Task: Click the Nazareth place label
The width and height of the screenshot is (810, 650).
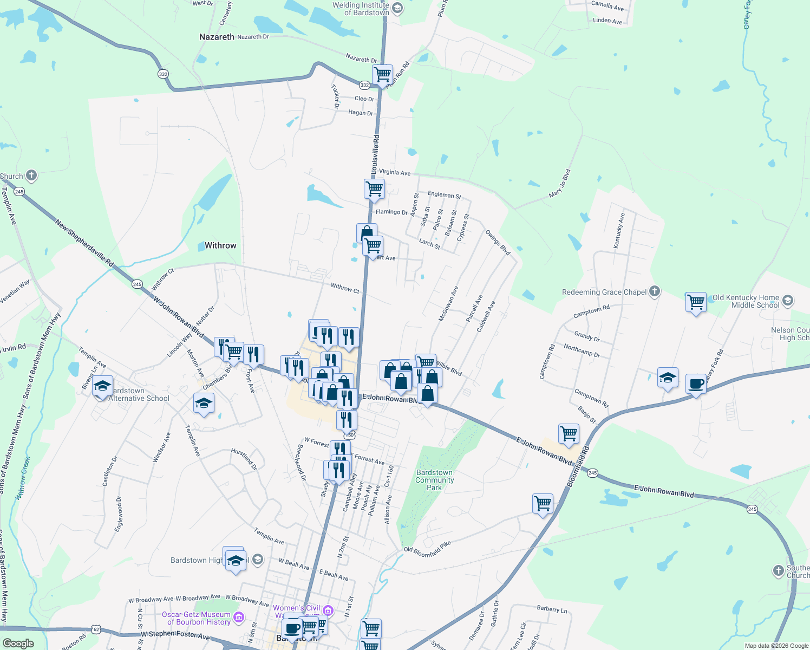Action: pyautogui.click(x=217, y=37)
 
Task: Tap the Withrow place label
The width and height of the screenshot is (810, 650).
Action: pyautogui.click(x=220, y=245)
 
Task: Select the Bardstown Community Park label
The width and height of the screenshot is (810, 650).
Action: pyautogui.click(x=434, y=480)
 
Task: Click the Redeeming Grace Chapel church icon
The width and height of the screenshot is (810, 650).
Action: pyautogui.click(x=655, y=291)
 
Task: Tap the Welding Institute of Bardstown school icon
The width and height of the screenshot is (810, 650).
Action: pyautogui.click(x=397, y=8)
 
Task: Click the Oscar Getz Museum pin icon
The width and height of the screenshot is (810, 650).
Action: pyautogui.click(x=239, y=617)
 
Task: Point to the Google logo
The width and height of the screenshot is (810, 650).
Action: pyautogui.click(x=18, y=643)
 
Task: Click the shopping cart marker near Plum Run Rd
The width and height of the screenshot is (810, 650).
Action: pyautogui.click(x=382, y=74)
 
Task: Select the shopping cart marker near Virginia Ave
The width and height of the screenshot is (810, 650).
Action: pyautogui.click(x=374, y=189)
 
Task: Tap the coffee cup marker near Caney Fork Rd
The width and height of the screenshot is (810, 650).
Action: pyautogui.click(x=696, y=383)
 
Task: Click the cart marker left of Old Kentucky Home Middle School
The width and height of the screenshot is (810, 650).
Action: pyautogui.click(x=696, y=302)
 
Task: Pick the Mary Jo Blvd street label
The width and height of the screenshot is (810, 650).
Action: pyautogui.click(x=559, y=183)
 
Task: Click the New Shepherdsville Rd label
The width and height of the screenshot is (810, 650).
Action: pyautogui.click(x=84, y=243)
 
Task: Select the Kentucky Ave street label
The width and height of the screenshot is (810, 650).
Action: pyautogui.click(x=619, y=231)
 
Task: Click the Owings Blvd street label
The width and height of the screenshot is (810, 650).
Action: pyautogui.click(x=498, y=242)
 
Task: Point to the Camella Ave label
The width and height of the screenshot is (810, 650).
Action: pyautogui.click(x=607, y=5)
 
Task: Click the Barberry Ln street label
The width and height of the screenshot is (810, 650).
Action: pyautogui.click(x=552, y=609)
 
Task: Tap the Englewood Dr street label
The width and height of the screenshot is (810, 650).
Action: pyautogui.click(x=119, y=513)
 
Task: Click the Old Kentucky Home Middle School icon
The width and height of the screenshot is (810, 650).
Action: pyautogui.click(x=788, y=300)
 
